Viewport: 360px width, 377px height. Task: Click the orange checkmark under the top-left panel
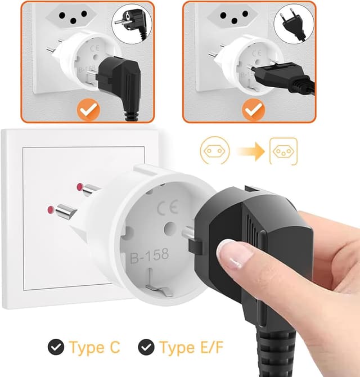pos(88,109)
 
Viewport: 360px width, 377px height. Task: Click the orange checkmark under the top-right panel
pos(253,110)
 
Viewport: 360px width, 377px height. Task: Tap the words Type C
pos(94,347)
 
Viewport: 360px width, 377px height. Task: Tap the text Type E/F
pos(192,347)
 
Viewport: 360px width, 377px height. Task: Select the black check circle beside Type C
pos(56,347)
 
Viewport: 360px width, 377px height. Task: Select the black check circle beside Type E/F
pos(146,347)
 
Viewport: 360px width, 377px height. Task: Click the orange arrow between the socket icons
pos(250,151)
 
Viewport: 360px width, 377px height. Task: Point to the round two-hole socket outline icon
pos(215,151)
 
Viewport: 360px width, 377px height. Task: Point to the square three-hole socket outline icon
pos(283,151)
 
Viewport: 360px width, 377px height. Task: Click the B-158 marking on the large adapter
pos(150,255)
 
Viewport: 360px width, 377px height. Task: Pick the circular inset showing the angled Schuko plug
pos(132,24)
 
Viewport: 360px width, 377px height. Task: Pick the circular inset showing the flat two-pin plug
pos(294,24)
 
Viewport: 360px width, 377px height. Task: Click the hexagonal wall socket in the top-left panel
pos(71,16)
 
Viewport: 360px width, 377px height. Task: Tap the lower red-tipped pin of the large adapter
pos(62,211)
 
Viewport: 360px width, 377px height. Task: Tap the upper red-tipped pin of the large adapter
pos(88,188)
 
